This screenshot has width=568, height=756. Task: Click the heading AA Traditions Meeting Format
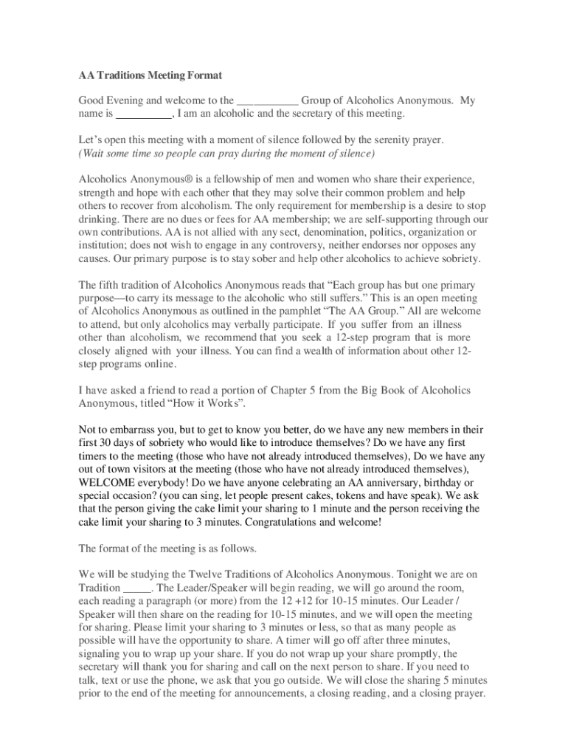150,75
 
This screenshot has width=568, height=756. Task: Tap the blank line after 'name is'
144,114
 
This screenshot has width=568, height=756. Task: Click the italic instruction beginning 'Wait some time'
226,153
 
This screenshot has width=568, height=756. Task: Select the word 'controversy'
290,246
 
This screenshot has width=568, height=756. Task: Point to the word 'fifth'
113,285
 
